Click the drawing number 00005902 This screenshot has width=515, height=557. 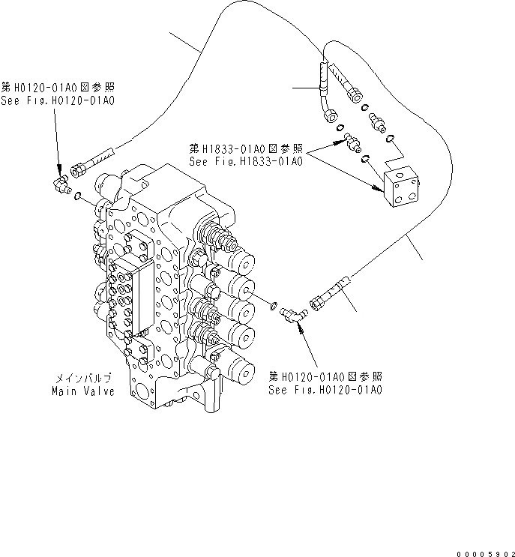[480, 551]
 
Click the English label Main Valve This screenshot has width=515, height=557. [83, 391]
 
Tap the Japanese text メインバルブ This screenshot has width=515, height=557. [83, 379]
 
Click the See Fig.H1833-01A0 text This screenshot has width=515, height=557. [246, 161]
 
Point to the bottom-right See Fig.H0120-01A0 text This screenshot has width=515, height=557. [326, 390]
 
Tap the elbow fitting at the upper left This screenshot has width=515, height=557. [60, 181]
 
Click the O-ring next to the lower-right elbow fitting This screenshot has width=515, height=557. [274, 304]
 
